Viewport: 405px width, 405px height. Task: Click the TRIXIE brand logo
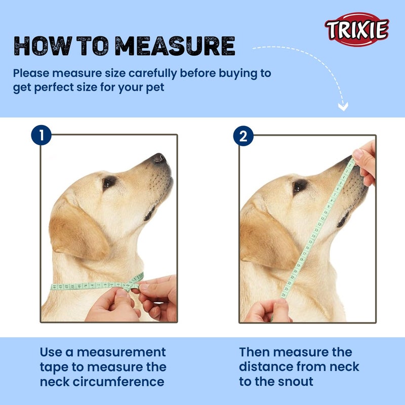[x=357, y=29]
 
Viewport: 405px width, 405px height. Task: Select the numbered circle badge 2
[x=243, y=136]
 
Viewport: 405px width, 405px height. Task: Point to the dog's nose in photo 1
[x=159, y=158]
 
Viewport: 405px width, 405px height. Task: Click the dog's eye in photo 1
[x=108, y=182]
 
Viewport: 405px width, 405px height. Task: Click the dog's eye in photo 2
[x=300, y=186]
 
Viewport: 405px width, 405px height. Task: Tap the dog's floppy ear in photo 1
[x=76, y=230]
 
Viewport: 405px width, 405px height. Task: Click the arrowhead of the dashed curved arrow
[x=343, y=107]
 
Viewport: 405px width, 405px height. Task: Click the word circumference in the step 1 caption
[x=127, y=381]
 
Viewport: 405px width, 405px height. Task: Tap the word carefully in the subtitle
[x=141, y=73]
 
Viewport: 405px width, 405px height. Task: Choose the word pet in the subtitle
[x=152, y=87]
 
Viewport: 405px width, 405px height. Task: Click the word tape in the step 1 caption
[x=54, y=367]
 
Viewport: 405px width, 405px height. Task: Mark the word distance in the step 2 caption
[x=271, y=367]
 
